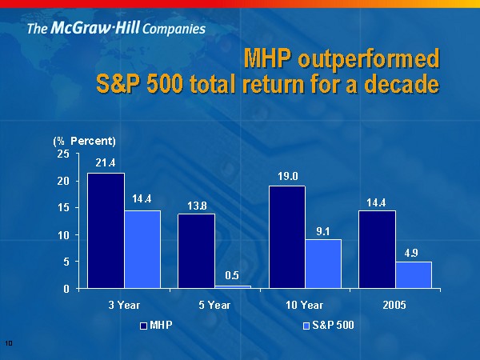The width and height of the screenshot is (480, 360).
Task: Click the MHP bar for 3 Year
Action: point(106,230)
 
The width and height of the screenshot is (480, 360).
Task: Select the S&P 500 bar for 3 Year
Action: point(142,249)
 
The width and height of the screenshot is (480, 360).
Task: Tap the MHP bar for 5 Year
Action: point(196,250)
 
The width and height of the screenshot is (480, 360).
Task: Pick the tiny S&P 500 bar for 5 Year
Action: point(233,286)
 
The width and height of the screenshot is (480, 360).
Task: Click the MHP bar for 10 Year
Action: point(287,237)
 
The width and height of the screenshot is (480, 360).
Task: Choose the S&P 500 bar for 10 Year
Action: point(323,263)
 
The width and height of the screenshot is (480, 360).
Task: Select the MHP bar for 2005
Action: point(377,249)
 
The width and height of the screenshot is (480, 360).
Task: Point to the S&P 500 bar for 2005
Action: point(414,274)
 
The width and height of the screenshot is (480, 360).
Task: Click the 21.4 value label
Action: point(106,163)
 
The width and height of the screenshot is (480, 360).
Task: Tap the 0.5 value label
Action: point(232,275)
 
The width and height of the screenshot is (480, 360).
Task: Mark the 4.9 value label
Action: point(413,252)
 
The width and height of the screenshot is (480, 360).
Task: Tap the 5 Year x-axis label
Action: point(214,305)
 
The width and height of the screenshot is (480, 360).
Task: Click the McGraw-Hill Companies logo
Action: point(116,30)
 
